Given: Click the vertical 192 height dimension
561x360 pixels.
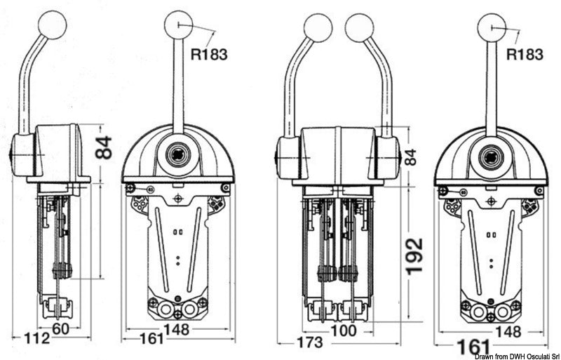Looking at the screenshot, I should tap(415, 257).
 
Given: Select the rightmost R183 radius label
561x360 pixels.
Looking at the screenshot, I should tap(525, 53).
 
